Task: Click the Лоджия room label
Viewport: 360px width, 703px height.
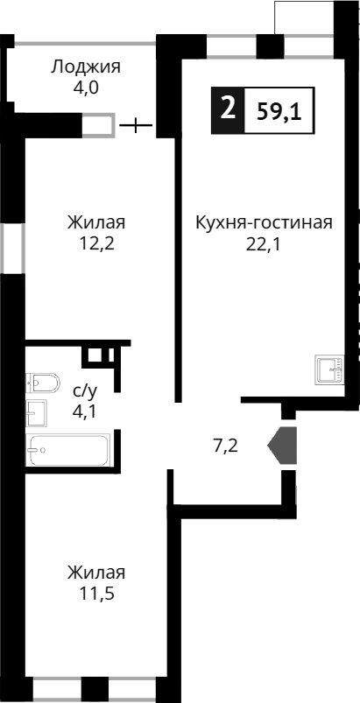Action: click(85, 67)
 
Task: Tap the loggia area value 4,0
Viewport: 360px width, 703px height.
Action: click(85, 88)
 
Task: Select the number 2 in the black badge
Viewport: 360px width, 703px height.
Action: click(228, 110)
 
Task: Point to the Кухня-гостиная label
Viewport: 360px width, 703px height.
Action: click(263, 222)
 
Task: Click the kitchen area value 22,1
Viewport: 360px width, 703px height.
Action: click(263, 244)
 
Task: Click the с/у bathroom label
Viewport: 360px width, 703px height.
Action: click(84, 390)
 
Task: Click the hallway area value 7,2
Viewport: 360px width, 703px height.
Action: click(226, 445)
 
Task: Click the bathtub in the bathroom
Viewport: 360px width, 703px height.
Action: click(67, 451)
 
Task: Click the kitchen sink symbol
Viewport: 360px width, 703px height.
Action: click(330, 371)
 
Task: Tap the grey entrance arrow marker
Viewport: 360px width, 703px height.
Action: click(284, 445)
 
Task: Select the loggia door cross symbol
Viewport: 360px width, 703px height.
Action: click(135, 126)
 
